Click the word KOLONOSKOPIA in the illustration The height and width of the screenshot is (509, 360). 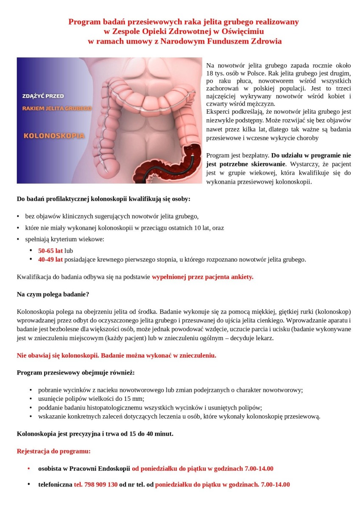coord(53,136)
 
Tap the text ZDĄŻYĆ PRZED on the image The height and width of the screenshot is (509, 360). coord(43,96)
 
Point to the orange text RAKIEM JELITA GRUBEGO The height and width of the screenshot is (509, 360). coord(57,109)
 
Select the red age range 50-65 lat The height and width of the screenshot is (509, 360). coord(50,251)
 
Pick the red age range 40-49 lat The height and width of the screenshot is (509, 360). coord(50,259)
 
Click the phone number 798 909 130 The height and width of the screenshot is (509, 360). coord(96,484)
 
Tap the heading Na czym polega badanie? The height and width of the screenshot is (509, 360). coord(53,294)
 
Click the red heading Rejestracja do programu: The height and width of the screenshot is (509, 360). coord(53,451)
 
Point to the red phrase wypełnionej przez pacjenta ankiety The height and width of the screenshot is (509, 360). coord(202,277)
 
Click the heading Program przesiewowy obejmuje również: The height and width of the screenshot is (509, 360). coord(75,372)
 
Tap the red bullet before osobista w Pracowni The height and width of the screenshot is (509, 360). coord(29,469)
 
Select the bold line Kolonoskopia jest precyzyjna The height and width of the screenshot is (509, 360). coord(95,434)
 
